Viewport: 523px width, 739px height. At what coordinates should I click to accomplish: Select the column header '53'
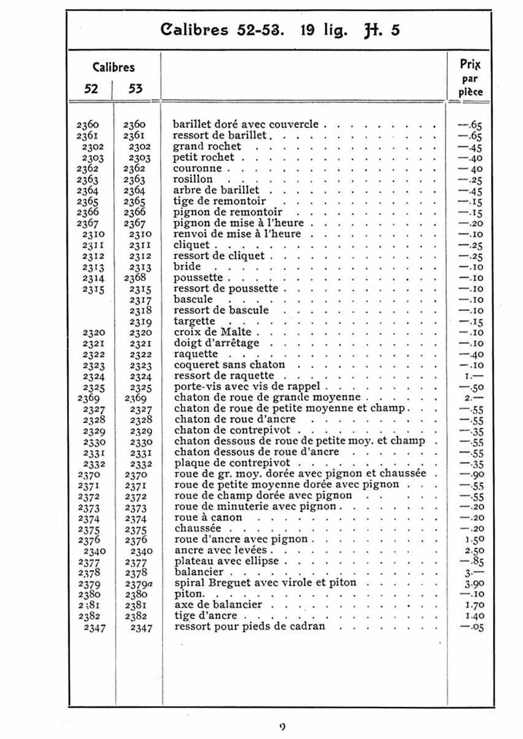[135, 89]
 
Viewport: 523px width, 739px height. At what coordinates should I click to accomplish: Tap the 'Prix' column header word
[471, 64]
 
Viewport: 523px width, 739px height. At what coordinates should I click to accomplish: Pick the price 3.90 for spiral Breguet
[473, 583]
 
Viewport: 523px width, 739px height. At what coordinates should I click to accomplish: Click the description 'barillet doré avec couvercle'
[246, 124]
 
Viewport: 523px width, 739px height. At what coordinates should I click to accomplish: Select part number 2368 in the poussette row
[135, 277]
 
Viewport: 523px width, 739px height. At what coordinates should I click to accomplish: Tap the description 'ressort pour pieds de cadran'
[250, 627]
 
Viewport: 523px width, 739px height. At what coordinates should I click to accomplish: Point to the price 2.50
[473, 550]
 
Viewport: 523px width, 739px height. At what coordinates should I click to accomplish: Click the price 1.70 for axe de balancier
[473, 605]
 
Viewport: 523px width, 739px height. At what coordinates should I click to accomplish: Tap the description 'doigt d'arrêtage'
[217, 343]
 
